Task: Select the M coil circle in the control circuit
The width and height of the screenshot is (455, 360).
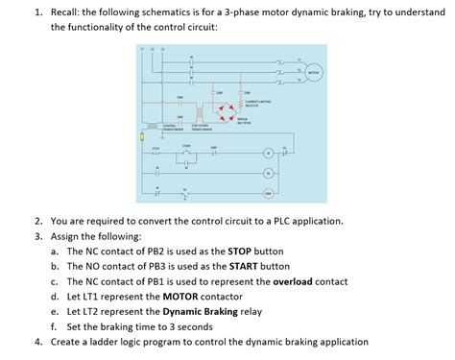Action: [268, 155]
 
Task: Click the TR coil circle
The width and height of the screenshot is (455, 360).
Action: [268, 174]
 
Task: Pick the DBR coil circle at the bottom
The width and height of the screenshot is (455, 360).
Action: [268, 193]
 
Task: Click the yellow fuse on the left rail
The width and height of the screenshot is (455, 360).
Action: [141, 138]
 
